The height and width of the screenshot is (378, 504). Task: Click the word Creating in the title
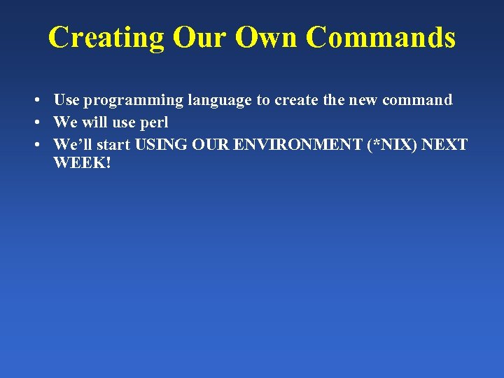point(105,38)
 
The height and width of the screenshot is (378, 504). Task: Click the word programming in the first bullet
point(134,101)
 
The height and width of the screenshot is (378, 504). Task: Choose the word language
point(219,101)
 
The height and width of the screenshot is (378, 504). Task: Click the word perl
point(155,122)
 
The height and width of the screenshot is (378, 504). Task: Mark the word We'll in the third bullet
point(71,145)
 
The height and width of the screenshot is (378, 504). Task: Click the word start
point(112,145)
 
